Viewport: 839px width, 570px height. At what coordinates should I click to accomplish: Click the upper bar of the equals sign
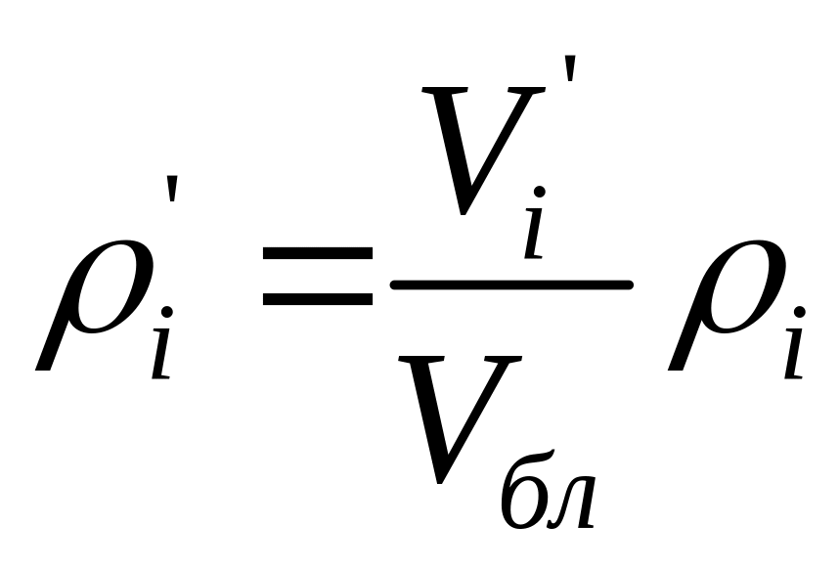tap(317, 252)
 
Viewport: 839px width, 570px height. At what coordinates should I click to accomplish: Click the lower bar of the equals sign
tap(317, 297)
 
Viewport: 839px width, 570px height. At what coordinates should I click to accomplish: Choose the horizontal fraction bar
tap(511, 285)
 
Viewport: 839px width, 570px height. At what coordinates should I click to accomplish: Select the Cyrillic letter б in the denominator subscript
tap(522, 494)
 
